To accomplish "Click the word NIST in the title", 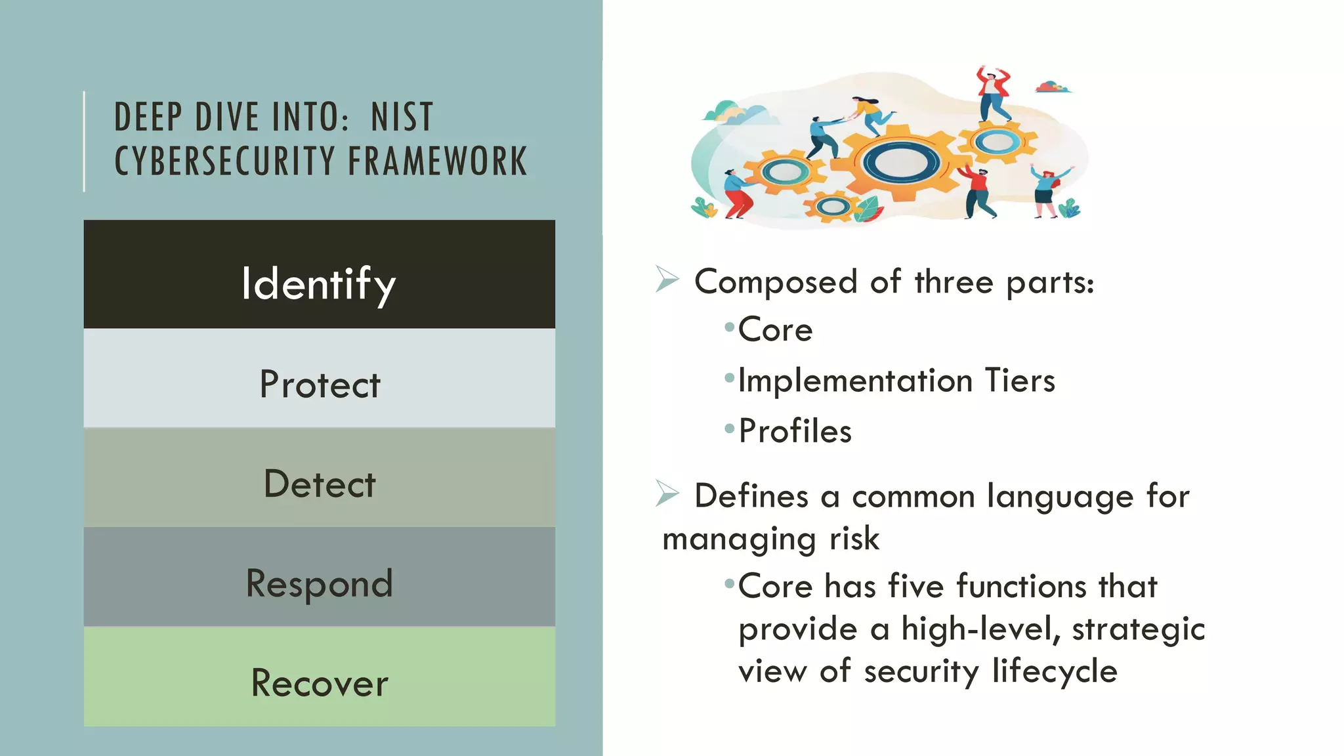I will (x=402, y=117).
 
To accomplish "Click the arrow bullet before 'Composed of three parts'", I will (x=667, y=280).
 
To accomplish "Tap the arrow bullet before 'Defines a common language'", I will (x=667, y=493).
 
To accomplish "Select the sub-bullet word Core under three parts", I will (x=775, y=329).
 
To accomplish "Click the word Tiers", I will (x=1020, y=381).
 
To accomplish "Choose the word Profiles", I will (x=795, y=431).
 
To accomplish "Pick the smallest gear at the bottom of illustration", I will (x=833, y=207).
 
